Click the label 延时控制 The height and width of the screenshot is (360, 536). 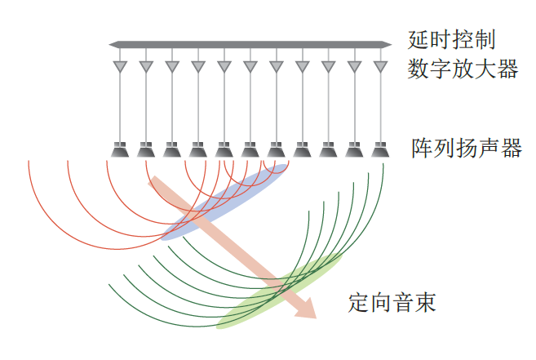coord(451,39)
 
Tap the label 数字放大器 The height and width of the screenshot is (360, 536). coord(463,69)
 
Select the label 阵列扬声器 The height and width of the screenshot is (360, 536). coord(467,149)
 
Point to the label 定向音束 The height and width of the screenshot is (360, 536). coord(392,304)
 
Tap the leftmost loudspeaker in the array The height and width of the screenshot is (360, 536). coord(120,150)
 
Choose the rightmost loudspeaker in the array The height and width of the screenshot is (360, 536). coord(379,150)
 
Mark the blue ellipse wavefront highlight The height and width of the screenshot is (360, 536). coord(224,202)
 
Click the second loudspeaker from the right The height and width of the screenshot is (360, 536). coord(353,150)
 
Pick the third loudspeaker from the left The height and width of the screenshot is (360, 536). coord(171,150)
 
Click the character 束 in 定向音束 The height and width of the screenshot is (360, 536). coord(425,304)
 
